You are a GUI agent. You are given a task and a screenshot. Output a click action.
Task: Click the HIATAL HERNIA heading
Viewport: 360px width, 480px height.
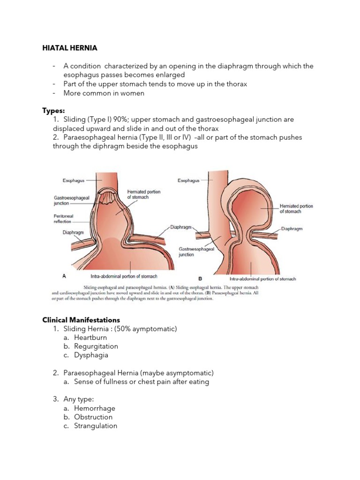[70, 48]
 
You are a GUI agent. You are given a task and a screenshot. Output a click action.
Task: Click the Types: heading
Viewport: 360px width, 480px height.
[53, 111]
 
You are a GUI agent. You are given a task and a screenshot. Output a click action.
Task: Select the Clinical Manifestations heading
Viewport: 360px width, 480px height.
[81, 320]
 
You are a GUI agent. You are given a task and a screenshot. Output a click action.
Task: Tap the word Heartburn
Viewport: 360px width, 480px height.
[90, 337]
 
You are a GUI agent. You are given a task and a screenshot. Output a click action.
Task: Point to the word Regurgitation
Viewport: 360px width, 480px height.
[96, 346]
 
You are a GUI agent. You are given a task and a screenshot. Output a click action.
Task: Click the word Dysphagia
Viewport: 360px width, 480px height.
[91, 355]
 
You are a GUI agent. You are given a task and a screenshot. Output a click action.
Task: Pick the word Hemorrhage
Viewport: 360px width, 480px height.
[95, 408]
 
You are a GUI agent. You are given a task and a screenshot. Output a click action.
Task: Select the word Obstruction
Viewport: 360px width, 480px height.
[93, 417]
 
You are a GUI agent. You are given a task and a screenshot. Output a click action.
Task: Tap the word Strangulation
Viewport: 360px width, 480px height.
[96, 426]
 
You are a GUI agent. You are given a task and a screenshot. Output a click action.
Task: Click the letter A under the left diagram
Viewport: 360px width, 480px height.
[64, 276]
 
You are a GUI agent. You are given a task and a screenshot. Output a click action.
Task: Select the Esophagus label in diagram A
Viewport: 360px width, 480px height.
[74, 180]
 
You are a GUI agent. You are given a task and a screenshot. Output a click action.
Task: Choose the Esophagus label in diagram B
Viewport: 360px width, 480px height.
[188, 180]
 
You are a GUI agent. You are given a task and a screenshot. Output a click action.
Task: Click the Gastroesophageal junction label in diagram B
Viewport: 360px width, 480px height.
[196, 252]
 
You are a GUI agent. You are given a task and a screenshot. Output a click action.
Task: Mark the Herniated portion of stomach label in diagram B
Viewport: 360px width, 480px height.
[296, 209]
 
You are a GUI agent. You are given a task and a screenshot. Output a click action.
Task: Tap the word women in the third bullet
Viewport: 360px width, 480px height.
[134, 93]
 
